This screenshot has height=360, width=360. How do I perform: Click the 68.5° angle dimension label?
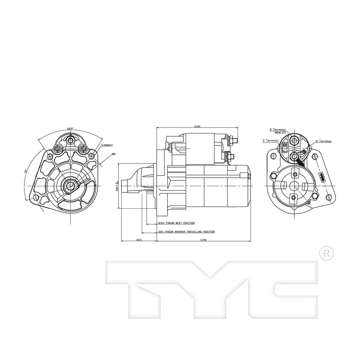pyautogui.click(x=70, y=129)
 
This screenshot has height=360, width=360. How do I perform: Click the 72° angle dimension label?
pyautogui.click(x=25, y=171)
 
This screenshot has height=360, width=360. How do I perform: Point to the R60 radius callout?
pyautogui.click(x=113, y=154)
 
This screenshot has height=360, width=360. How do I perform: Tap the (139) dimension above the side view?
pyautogui.click(x=198, y=126)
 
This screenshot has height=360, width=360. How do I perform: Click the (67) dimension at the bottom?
pyautogui.click(x=139, y=240)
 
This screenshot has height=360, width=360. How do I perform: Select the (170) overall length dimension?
pyautogui.click(x=204, y=240)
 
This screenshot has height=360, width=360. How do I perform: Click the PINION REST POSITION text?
pyautogui.click(x=176, y=223)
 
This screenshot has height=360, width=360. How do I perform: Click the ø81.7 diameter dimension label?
pyautogui.click(x=117, y=186)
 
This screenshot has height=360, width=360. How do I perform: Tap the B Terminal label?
pyautogui.click(x=277, y=130)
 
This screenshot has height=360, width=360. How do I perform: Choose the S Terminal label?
pyautogui.click(x=270, y=141)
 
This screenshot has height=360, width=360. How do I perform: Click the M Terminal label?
pyautogui.click(x=323, y=141)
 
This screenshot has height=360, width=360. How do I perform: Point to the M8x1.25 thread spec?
pyautogui.click(x=280, y=133)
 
